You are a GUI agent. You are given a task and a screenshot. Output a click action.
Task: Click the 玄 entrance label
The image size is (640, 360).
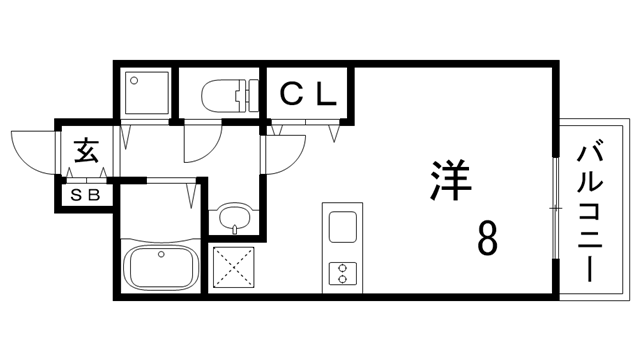click(86, 153)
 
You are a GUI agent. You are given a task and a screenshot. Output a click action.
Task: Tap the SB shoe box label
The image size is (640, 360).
click(86, 196)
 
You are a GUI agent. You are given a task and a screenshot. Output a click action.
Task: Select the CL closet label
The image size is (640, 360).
click(309, 95)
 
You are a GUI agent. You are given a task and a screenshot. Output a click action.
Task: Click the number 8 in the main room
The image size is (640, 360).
click(487, 239)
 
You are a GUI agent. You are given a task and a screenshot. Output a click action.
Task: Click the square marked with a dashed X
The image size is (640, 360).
click(235, 266)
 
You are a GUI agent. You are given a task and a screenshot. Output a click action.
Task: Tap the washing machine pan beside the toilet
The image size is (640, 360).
click(146, 92)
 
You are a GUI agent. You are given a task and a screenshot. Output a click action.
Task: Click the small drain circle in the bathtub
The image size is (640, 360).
click(160, 256)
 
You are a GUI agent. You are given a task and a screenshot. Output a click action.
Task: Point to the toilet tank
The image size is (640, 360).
click(246, 96)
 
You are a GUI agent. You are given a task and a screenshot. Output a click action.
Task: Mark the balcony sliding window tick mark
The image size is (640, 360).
click(555, 206)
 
